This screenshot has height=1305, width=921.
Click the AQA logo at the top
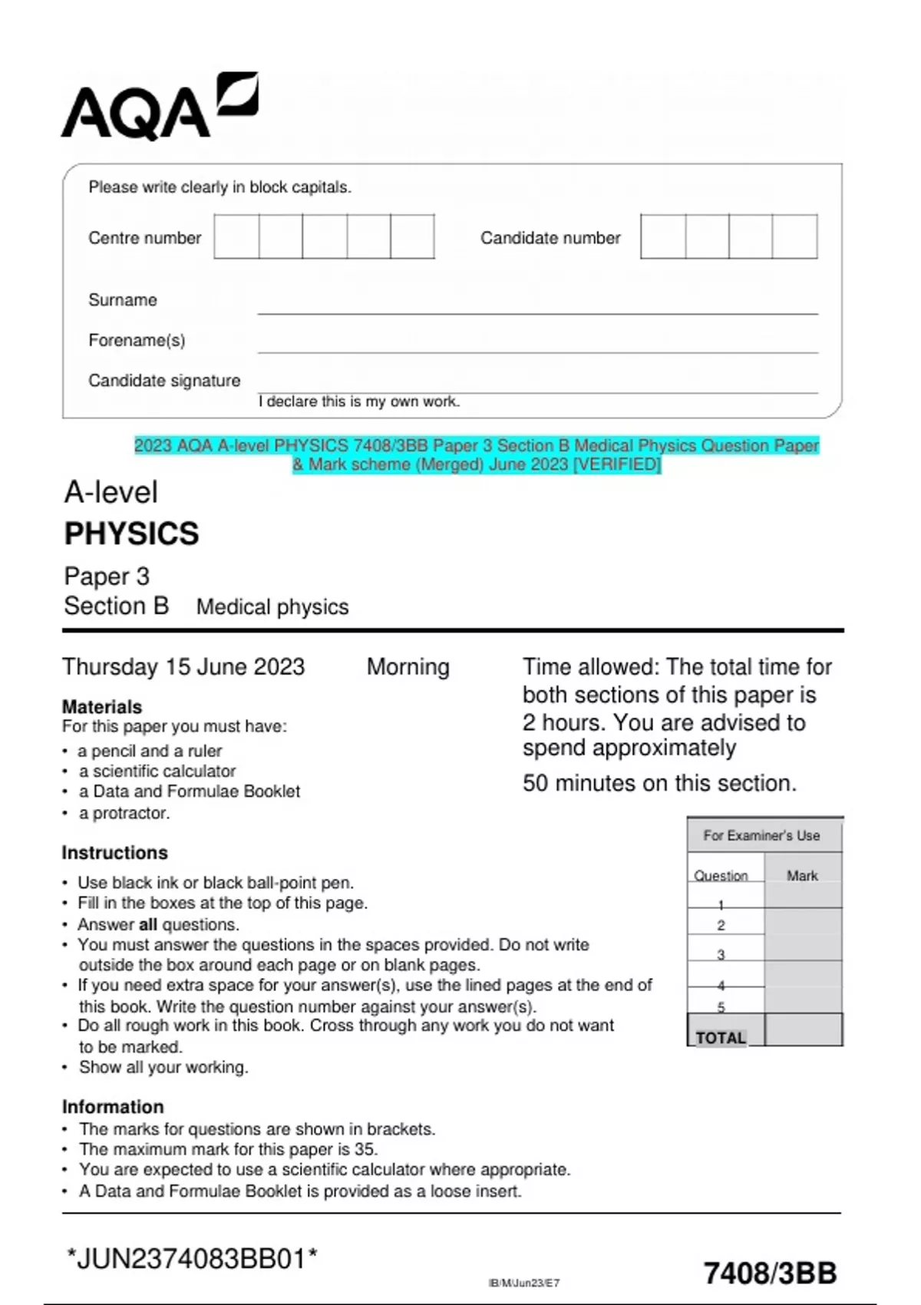pyautogui.click(x=159, y=107)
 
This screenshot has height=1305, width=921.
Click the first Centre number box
pyautogui.click(x=236, y=237)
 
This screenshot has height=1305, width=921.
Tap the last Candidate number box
pyautogui.click(x=794, y=237)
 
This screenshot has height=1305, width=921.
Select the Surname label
pyautogui.click(x=123, y=300)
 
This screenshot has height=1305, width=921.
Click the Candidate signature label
pyautogui.click(x=164, y=381)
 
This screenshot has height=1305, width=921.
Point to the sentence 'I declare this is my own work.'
pyautogui.click(x=359, y=401)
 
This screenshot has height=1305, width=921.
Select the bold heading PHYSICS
pyautogui.click(x=131, y=534)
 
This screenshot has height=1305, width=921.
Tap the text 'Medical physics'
pyautogui.click(x=272, y=607)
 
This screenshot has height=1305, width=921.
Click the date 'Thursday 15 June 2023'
pyautogui.click(x=183, y=667)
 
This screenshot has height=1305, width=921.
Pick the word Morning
pyautogui.click(x=408, y=667)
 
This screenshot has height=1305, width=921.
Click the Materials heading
pyautogui.click(x=102, y=707)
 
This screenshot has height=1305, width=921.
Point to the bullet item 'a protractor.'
pyautogui.click(x=124, y=813)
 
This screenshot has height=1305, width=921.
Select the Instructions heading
pyautogui.click(x=114, y=853)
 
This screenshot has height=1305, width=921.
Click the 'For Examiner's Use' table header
pyautogui.click(x=761, y=835)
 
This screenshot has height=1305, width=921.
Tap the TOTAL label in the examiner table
pyautogui.click(x=721, y=1038)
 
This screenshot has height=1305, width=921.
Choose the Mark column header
pyautogui.click(x=802, y=876)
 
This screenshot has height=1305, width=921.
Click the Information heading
pyautogui.click(x=113, y=1107)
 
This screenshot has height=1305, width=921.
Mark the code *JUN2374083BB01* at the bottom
pyautogui.click(x=192, y=1259)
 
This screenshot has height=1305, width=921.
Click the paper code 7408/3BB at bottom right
pyautogui.click(x=770, y=1273)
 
